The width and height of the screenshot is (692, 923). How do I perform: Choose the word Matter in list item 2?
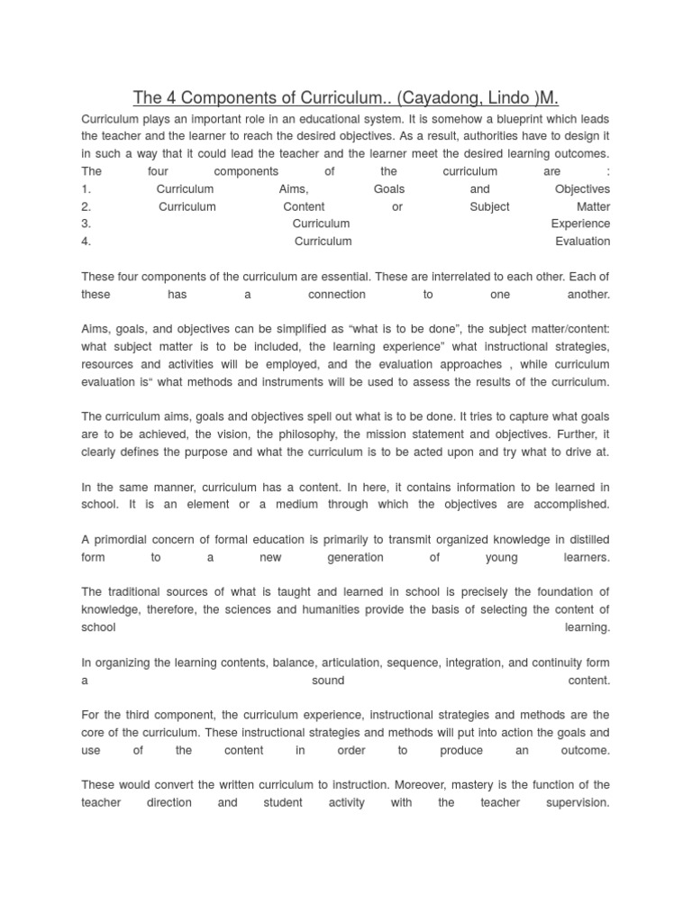click(x=593, y=206)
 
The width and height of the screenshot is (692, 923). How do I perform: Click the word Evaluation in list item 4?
click(x=583, y=242)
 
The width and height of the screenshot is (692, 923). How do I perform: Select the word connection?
click(x=337, y=295)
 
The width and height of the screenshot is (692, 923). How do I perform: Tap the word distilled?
click(x=587, y=540)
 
